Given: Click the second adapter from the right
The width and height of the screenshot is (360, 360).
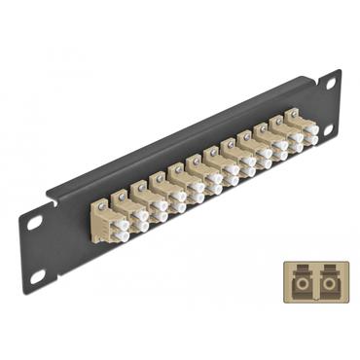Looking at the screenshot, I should [279, 143].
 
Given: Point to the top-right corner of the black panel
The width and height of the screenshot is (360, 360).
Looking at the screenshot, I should [341, 71].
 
